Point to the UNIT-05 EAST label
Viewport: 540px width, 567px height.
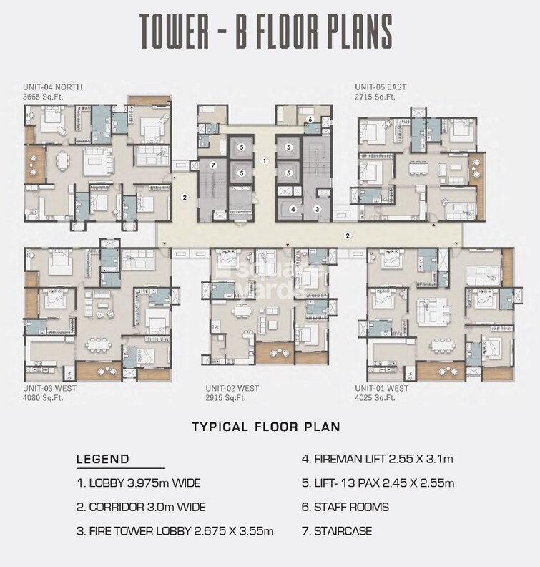(381, 87)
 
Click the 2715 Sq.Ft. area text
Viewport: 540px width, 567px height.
(375, 96)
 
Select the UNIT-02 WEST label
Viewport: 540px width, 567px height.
(232, 388)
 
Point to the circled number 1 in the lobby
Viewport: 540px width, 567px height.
(264, 162)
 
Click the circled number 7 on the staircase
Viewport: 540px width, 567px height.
(212, 165)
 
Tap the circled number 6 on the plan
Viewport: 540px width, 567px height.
(310, 120)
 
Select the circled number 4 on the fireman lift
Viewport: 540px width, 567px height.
(293, 209)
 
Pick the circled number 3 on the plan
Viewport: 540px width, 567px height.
(317, 209)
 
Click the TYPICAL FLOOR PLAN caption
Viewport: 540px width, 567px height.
(265, 427)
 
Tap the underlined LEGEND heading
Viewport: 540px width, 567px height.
(103, 460)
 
